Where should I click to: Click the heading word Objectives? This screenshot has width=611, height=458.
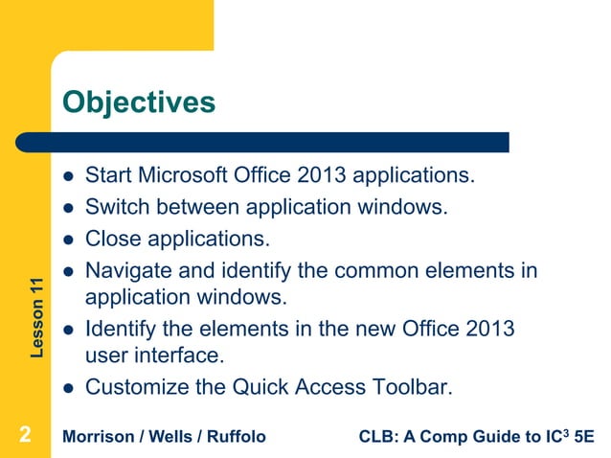pyautogui.click(x=139, y=101)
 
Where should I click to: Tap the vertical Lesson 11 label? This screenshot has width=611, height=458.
pyautogui.click(x=36, y=317)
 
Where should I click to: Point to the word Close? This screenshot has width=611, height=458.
pyautogui.click(x=112, y=236)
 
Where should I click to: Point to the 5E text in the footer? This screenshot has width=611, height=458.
pyautogui.click(x=582, y=438)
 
